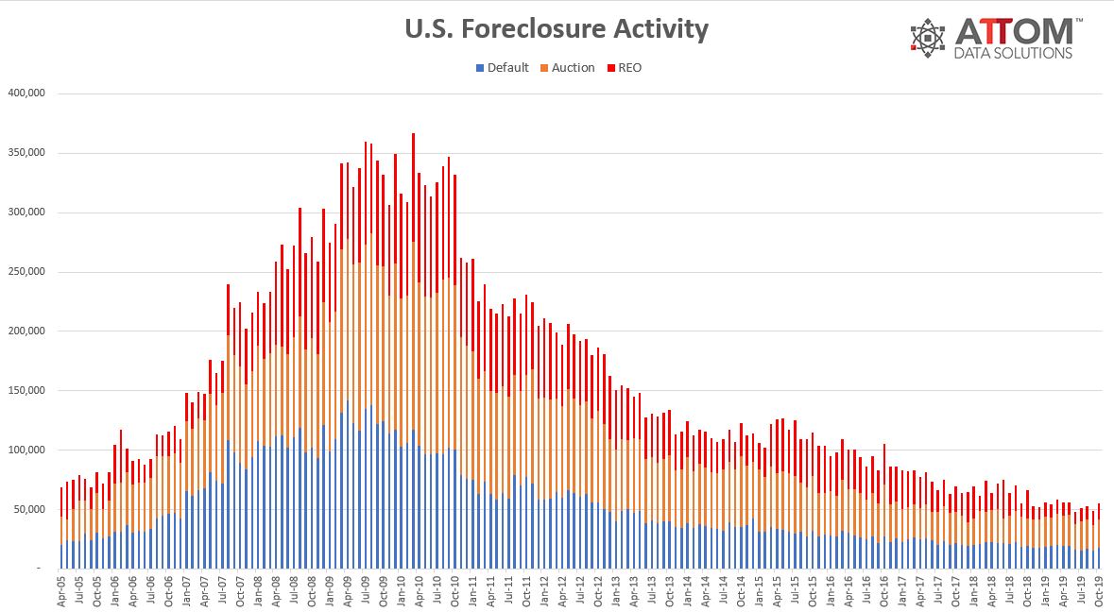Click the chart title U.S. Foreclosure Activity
(x=557, y=29)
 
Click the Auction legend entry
(x=567, y=68)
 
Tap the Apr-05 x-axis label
(x=62, y=590)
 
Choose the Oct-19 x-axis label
(x=1099, y=590)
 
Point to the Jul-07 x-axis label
(x=222, y=590)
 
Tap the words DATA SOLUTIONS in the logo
(x=1014, y=54)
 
